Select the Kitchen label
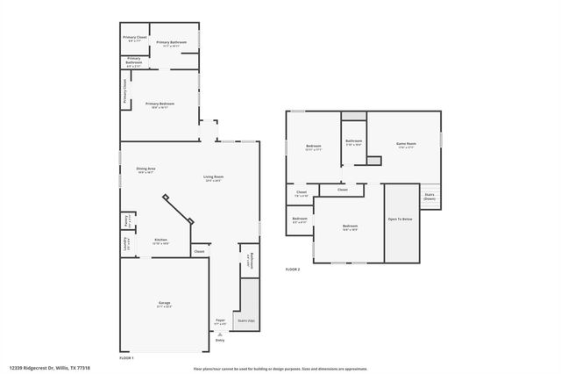click(161, 240)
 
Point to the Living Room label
click(213, 178)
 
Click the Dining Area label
click(146, 169)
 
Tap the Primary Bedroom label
click(160, 105)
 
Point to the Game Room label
click(406, 145)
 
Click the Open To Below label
click(400, 219)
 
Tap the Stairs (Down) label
click(430, 197)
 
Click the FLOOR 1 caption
click(128, 358)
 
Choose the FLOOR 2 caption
click(293, 270)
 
